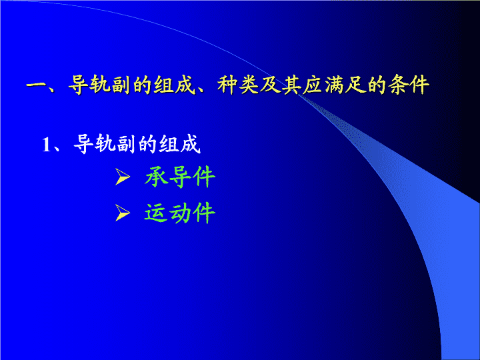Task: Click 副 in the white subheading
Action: click(125, 144)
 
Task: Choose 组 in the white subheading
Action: click(169, 144)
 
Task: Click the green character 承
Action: click(156, 177)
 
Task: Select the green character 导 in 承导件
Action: click(180, 177)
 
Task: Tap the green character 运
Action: click(156, 213)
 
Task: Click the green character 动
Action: click(180, 213)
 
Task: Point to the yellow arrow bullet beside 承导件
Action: click(123, 177)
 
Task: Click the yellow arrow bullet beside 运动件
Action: click(123, 213)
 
